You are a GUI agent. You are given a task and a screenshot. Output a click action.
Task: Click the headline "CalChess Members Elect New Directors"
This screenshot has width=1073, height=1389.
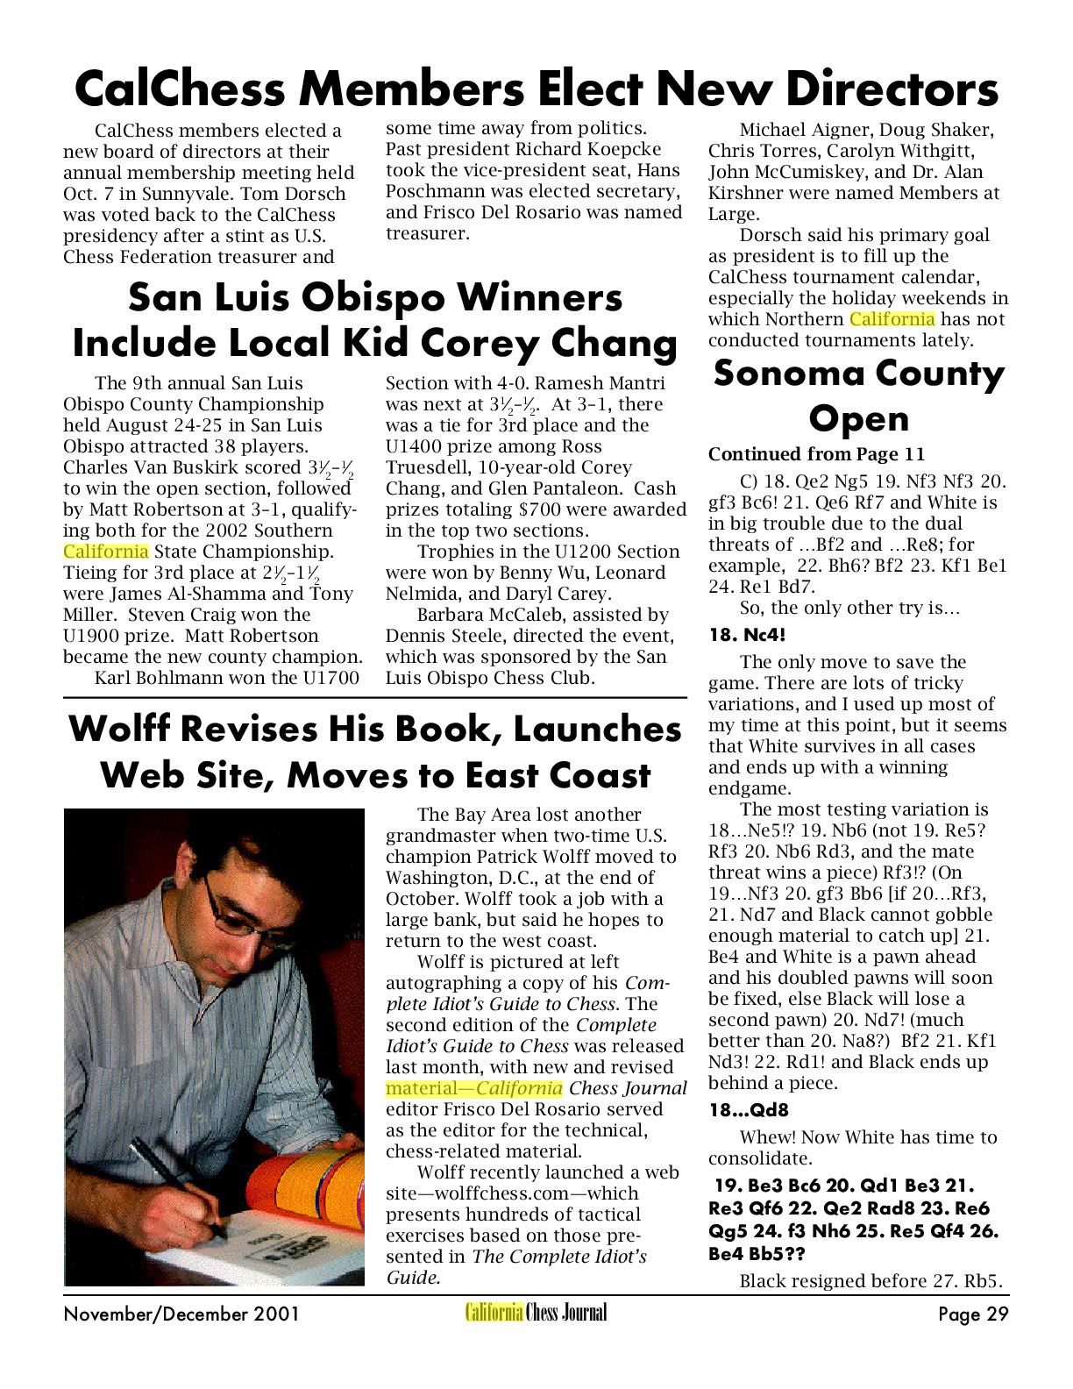(536, 88)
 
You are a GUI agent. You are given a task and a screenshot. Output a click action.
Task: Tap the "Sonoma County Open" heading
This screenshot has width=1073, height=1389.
(858, 395)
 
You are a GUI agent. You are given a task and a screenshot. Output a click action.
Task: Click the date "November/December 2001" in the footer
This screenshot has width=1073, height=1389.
(181, 1314)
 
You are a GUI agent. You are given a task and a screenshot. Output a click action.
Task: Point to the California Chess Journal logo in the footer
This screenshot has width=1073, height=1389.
(536, 1313)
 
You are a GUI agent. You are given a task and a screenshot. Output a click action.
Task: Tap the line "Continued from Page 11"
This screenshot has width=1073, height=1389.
(816, 454)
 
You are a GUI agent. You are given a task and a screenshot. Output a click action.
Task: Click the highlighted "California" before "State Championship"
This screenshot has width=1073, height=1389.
(105, 552)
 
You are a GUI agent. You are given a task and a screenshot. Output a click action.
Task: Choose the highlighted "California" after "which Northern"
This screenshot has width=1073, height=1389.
(892, 319)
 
